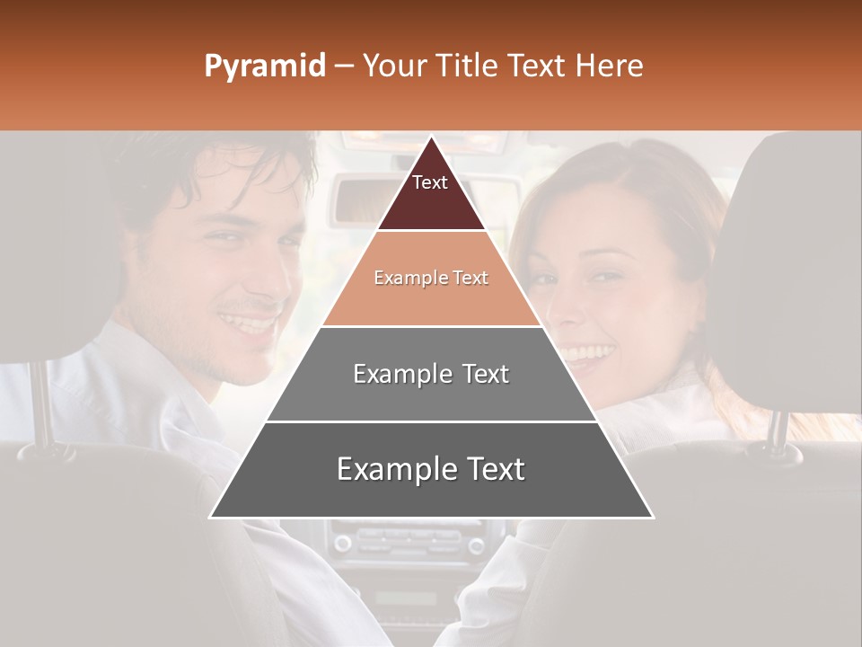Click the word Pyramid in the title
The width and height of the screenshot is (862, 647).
point(264,66)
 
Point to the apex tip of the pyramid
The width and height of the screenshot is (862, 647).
point(431,138)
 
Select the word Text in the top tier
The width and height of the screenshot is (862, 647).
point(429,182)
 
